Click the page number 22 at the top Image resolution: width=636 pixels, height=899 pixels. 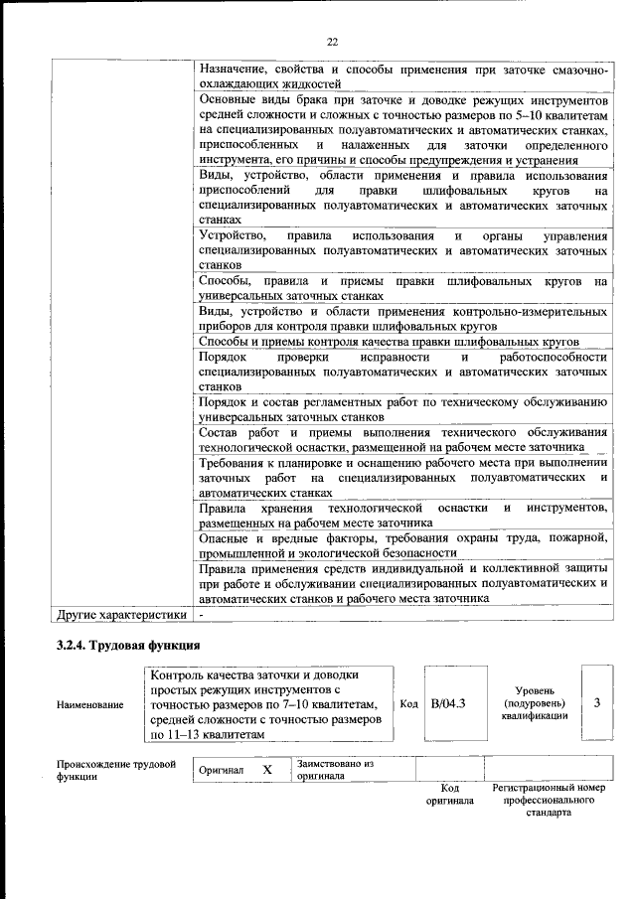[332, 42]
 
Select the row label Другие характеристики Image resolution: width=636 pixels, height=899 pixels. [121, 615]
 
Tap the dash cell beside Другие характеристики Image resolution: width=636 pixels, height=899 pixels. [203, 615]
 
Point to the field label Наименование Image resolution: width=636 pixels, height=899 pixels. [89, 704]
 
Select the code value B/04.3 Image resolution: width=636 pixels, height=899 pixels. [449, 703]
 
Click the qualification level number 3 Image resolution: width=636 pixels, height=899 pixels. [596, 703]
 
